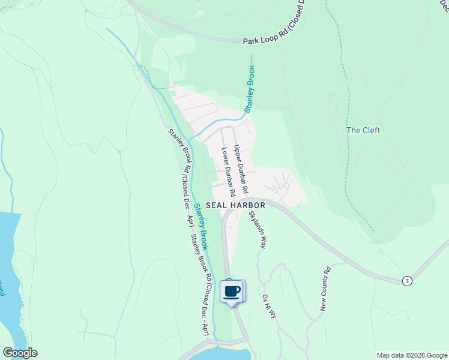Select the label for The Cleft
(363, 130)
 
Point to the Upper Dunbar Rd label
(241, 169)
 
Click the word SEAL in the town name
(217, 205)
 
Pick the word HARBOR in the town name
(249, 205)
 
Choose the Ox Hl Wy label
(268, 307)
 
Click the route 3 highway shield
(407, 281)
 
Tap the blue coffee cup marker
(232, 292)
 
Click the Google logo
(20, 353)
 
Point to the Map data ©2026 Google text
(411, 355)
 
